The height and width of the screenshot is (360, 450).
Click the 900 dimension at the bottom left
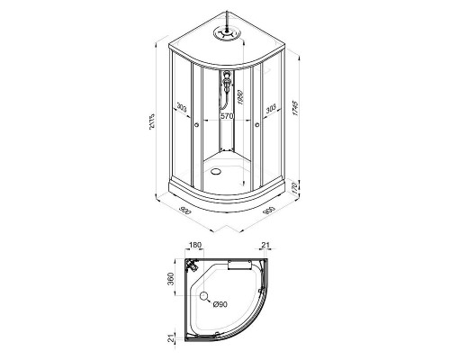186,210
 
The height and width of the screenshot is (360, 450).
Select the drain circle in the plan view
204,297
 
